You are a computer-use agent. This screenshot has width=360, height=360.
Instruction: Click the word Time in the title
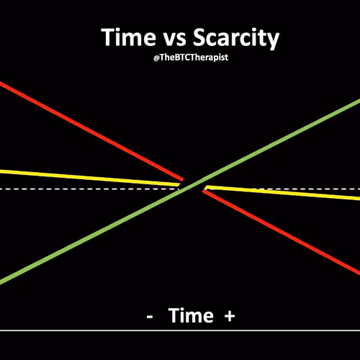coord(128,37)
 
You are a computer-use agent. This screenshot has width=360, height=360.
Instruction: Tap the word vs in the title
coord(175,39)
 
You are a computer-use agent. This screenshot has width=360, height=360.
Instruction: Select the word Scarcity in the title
coord(236,38)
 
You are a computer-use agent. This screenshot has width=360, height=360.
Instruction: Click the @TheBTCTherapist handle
coord(191,58)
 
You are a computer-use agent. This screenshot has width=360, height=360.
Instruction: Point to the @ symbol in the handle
coord(156,58)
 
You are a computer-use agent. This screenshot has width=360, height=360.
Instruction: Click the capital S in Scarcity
coord(200,37)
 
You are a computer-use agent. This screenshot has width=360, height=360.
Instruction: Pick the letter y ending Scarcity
coord(273,41)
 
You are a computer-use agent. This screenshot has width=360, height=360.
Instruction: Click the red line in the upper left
coord(91,131)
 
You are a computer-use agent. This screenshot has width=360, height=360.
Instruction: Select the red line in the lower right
coord(282,232)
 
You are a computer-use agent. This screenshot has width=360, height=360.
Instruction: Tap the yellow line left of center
coord(89,178)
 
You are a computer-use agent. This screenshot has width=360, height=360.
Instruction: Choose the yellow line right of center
coord(283,192)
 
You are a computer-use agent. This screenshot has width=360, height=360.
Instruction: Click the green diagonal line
coord(180,192)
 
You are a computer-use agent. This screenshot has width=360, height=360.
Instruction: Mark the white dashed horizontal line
coord(180,189)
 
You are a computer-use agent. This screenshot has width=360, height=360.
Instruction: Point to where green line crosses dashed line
coord(185,189)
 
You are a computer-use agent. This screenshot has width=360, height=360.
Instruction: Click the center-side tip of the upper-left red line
coord(183,179)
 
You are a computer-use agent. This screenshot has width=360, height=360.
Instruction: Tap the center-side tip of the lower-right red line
coord(203,191)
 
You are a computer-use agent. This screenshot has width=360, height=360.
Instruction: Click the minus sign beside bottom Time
coord(150,317)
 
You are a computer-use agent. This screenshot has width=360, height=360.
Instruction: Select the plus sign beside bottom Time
coord(230,316)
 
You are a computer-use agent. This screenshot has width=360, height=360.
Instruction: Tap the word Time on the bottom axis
coord(191,315)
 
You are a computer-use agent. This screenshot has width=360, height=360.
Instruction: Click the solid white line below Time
coord(180,330)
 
